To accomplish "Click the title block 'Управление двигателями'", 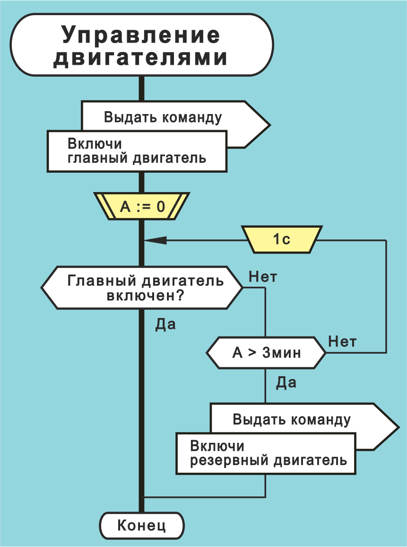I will [x=141, y=45].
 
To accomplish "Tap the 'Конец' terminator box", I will [x=141, y=525].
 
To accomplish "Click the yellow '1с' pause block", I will [x=282, y=239].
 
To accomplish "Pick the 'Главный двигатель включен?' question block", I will [x=142, y=288].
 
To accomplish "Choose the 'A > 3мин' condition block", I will [x=266, y=353].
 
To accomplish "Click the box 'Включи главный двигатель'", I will [x=137, y=151].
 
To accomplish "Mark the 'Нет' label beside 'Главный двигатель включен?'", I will [x=262, y=277].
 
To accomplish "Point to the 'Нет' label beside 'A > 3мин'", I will [x=342, y=341].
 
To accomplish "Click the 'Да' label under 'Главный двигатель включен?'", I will [x=165, y=325].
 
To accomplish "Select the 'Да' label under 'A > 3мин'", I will [x=286, y=382].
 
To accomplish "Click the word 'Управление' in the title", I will [x=141, y=35].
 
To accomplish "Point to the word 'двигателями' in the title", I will [x=141, y=58].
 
